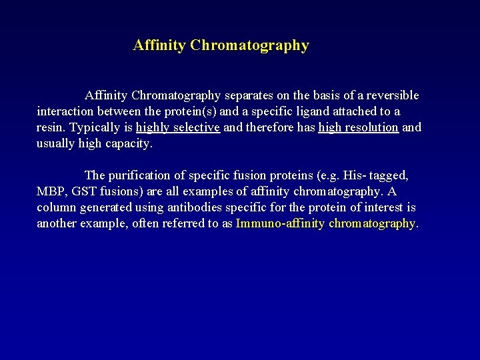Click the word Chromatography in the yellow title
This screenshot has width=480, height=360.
click(249, 46)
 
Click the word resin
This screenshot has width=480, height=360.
click(51, 127)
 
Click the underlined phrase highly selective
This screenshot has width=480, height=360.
click(178, 127)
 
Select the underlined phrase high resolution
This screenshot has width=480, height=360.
click(359, 127)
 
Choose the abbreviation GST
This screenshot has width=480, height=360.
click(79, 191)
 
